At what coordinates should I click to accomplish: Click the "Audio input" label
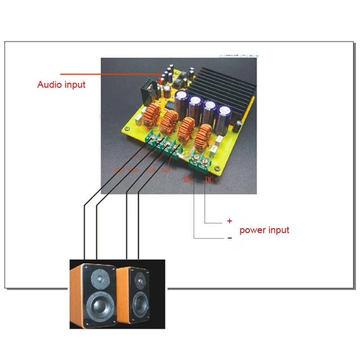[61, 84]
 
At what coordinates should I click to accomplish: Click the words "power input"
[264, 230]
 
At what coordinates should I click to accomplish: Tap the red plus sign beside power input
[229, 221]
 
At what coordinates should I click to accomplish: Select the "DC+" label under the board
[211, 180]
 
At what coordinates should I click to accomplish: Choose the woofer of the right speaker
[139, 304]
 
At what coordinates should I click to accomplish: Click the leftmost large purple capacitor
[182, 101]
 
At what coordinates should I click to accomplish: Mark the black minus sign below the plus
[229, 238]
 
